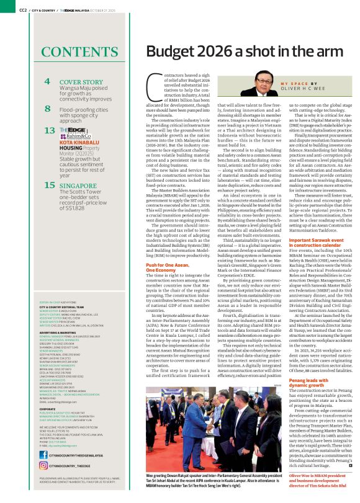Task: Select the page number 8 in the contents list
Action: (47, 109)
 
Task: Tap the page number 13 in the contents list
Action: (49, 130)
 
